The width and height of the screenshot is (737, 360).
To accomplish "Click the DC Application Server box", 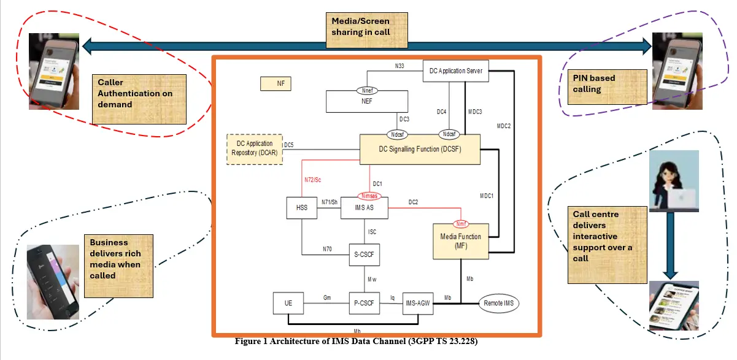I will point(456,71).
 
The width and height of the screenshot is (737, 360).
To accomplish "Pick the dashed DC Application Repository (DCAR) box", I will point(255,148).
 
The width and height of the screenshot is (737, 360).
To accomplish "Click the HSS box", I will point(301,208).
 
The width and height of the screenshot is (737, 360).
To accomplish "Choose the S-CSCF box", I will point(365,253).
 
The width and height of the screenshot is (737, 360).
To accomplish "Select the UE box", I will point(289,302).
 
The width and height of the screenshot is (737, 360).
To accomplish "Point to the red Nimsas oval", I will point(366,196).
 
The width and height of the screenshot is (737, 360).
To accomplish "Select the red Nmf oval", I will point(461,223).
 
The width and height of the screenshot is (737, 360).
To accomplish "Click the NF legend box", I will point(276,83).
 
